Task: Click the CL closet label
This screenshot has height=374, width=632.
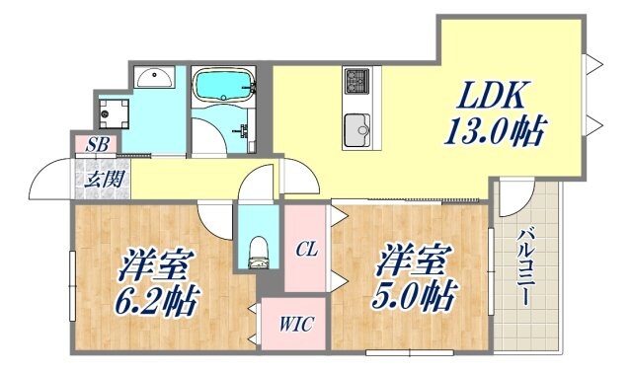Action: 306,250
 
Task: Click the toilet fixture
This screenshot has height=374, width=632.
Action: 258,251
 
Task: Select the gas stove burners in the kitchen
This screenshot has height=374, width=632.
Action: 355,79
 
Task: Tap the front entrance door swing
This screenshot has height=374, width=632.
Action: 51,180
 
